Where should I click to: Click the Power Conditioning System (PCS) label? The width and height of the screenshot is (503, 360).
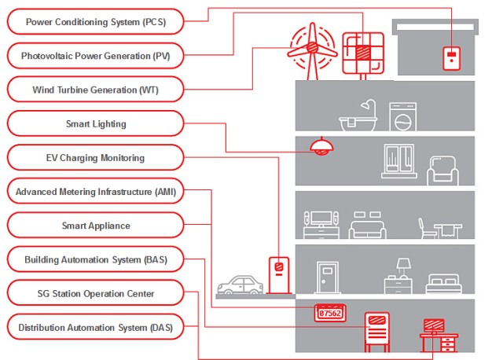click(94, 21)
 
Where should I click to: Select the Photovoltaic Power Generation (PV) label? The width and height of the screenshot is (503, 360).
click(94, 56)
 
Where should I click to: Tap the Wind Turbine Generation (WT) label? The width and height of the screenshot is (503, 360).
click(94, 90)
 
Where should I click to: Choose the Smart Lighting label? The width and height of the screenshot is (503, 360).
click(94, 123)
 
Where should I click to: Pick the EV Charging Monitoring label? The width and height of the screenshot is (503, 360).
click(94, 158)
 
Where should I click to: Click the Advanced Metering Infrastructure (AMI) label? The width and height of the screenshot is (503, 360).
click(94, 192)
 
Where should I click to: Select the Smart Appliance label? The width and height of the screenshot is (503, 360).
click(94, 226)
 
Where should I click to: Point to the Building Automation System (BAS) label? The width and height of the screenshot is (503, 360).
click(94, 259)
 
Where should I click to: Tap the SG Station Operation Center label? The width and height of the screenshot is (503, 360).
click(94, 293)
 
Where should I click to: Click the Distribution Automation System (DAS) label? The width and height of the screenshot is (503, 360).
click(94, 327)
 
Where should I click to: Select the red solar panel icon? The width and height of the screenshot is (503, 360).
click(362, 52)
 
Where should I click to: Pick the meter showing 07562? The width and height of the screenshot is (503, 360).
click(330, 312)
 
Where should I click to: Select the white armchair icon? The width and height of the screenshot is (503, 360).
click(442, 171)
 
